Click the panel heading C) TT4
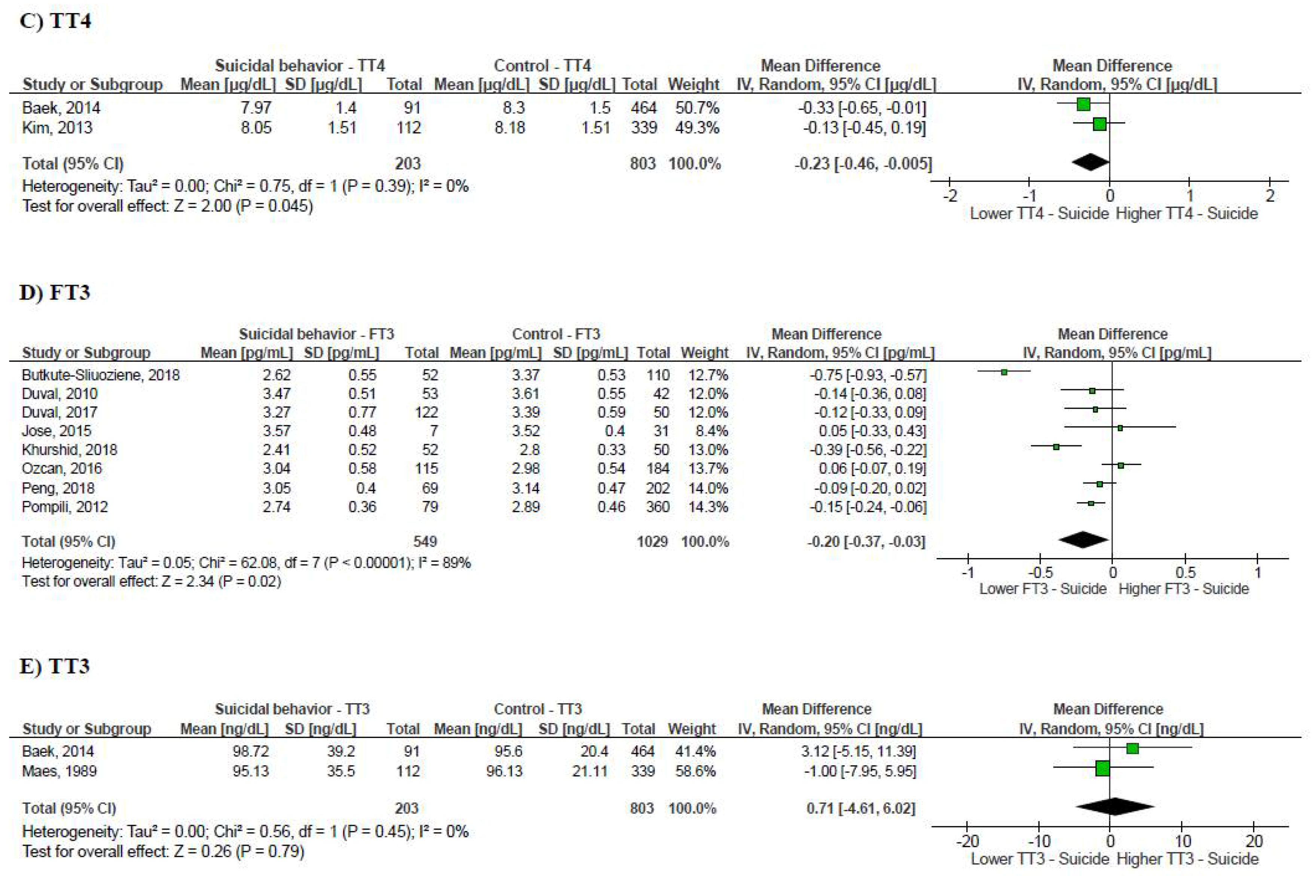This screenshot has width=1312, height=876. point(55,21)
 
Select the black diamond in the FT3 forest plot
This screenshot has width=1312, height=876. point(1083,540)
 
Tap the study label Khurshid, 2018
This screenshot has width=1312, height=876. point(69,450)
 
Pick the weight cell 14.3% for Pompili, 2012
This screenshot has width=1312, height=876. point(708,507)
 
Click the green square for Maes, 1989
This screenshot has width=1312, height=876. point(1102,769)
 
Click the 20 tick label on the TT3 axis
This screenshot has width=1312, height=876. point(1254,841)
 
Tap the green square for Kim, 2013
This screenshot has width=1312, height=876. point(1099,123)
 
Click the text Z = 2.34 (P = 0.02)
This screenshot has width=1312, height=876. point(221,582)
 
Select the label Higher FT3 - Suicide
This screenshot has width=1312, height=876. point(1184,589)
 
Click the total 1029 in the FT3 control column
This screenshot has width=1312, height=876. point(652,541)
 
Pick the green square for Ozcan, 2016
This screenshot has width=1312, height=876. point(1120,465)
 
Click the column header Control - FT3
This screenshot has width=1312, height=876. point(556,334)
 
